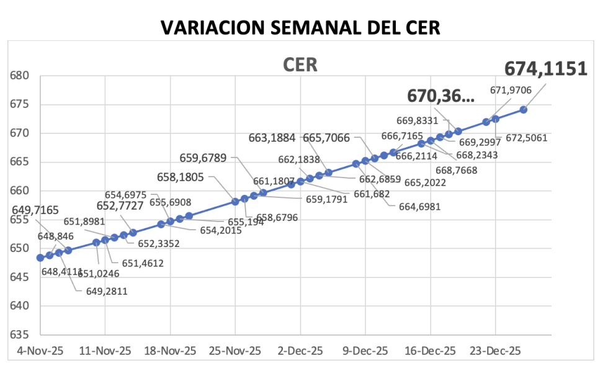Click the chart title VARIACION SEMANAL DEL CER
[300, 27]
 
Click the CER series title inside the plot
[300, 65]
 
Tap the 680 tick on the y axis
[20, 76]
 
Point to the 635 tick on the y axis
[20, 334]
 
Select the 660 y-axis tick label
[20, 191]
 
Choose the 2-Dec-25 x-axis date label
[300, 351]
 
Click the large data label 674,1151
[545, 69]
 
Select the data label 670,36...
[441, 96]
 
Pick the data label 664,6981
[419, 207]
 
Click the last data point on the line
[523, 109]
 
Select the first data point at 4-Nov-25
[40, 258]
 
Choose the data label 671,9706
[511, 91]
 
